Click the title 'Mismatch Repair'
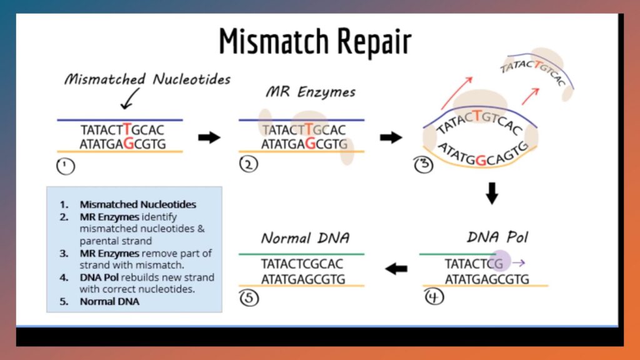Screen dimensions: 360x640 click(x=315, y=41)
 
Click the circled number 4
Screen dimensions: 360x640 click(x=433, y=296)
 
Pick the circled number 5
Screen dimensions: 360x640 click(x=249, y=297)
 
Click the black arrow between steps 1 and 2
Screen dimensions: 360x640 click(x=209, y=137)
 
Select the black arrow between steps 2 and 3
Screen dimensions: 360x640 click(x=391, y=137)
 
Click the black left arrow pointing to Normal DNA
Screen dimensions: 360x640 click(x=396, y=269)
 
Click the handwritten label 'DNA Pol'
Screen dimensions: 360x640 click(x=497, y=237)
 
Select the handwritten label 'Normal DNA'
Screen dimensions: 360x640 click(x=305, y=238)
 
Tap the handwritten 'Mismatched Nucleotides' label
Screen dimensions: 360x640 click(x=147, y=79)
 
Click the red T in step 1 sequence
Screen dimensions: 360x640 click(x=127, y=129)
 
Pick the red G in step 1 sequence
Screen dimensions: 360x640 click(x=129, y=144)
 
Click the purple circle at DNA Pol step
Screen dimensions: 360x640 click(x=501, y=261)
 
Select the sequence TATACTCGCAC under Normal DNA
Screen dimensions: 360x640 click(x=302, y=264)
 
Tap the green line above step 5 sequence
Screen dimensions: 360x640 click(x=301, y=254)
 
